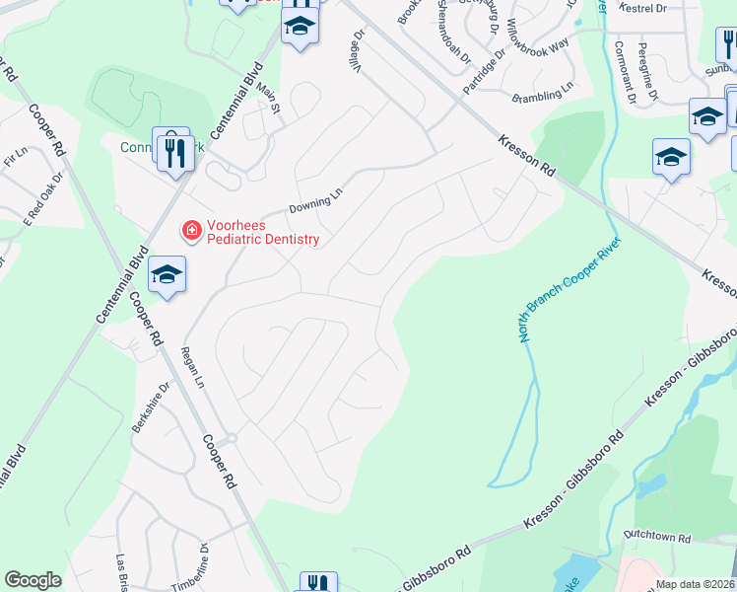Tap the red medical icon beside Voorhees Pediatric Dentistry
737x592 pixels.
coord(188,230)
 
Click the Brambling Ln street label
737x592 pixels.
coord(543,96)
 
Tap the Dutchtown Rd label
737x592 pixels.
coord(657,539)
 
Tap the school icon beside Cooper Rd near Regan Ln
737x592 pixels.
coord(167,275)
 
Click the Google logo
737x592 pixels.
coord(33,580)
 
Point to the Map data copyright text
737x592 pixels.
coord(696,584)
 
